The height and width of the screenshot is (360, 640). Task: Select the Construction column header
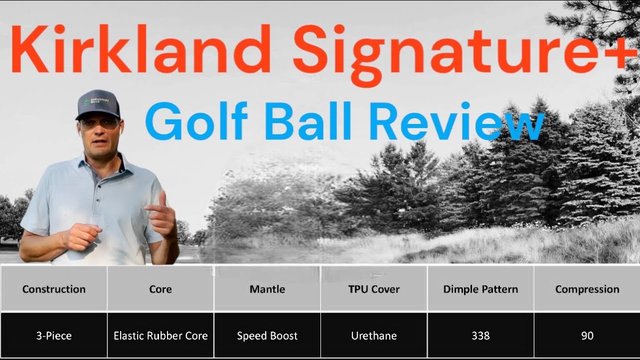click(53, 289)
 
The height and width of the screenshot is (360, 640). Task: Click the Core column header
click(160, 289)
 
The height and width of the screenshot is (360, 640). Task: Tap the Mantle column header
click(267, 289)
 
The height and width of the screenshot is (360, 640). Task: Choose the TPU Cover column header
click(374, 289)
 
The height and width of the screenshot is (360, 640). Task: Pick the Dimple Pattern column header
click(480, 289)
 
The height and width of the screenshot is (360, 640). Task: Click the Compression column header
click(587, 289)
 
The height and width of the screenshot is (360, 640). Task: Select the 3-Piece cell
click(53, 335)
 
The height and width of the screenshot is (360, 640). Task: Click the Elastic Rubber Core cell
click(160, 335)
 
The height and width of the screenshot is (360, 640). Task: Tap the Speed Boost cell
click(267, 335)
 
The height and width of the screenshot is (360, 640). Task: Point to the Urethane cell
click(374, 335)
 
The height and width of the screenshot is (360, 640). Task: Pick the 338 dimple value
click(480, 335)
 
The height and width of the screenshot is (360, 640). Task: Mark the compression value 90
click(587, 335)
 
